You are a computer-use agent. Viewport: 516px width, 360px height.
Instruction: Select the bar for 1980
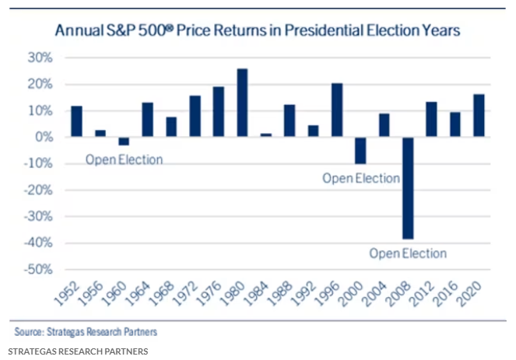pos(243,103)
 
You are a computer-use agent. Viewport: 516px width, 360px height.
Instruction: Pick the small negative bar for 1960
pos(124,141)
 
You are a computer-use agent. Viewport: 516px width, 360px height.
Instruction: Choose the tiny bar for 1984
pos(265,135)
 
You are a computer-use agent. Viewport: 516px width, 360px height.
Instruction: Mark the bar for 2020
pos(479,115)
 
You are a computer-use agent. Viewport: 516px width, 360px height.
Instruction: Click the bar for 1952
pos(76,121)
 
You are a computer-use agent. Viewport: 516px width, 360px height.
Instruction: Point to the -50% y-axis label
pos(39,270)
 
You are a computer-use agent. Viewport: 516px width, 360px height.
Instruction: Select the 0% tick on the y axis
pos(44,137)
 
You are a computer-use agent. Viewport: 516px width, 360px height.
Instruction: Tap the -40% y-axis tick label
pos(39,243)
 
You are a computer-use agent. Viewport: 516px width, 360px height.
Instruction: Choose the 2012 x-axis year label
pos(426,295)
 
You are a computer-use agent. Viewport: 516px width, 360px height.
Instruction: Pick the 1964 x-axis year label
pos(142,295)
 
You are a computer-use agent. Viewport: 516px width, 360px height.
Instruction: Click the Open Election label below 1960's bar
pos(124,160)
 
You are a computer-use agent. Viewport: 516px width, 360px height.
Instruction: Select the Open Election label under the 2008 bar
pos(407,253)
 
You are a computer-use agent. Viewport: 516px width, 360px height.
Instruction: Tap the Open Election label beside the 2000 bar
pos(360,178)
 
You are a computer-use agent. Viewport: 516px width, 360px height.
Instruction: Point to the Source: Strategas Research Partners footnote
pos(85,332)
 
